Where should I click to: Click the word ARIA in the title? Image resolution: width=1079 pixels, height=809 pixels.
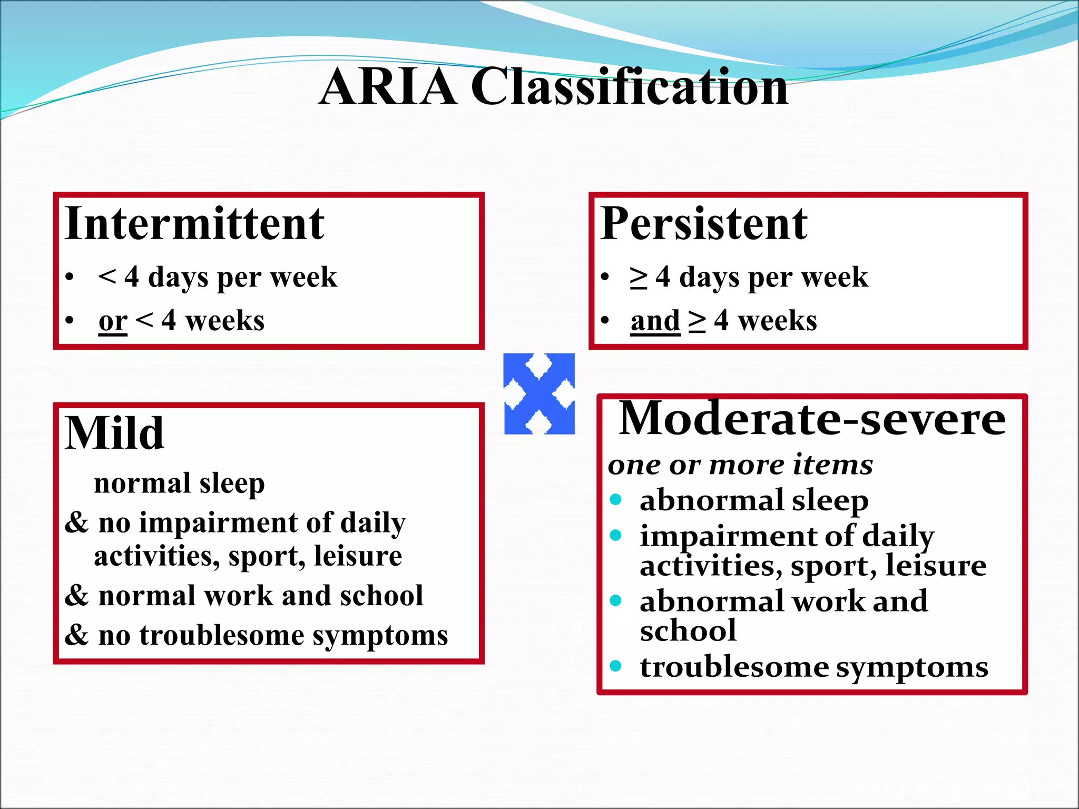[388, 87]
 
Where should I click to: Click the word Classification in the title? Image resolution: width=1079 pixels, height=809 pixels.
[629, 87]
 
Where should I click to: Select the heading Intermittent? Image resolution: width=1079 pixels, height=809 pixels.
[194, 224]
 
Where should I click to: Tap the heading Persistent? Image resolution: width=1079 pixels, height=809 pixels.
[703, 224]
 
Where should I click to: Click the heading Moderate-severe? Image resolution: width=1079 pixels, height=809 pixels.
[812, 419]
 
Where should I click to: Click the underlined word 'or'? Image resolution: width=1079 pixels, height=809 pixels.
[113, 321]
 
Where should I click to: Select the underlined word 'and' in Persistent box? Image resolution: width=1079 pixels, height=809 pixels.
[655, 321]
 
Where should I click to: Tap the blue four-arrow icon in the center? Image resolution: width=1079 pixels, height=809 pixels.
[539, 394]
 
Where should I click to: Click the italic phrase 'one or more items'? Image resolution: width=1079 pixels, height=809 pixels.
[740, 465]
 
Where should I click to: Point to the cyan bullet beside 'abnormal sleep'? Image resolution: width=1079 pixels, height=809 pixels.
[615, 499]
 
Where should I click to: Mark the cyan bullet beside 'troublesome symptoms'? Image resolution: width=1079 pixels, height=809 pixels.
[615, 666]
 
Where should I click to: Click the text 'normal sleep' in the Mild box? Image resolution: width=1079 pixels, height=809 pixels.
[179, 484]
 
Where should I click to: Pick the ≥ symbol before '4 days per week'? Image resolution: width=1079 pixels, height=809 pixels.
[639, 278]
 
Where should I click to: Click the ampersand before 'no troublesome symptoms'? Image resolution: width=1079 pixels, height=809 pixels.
[77, 635]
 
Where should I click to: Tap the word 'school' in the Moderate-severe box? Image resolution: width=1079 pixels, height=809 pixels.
[688, 631]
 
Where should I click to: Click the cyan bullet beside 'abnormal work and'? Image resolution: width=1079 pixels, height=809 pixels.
[615, 600]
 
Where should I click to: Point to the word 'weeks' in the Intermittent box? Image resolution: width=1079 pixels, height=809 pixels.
[225, 321]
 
